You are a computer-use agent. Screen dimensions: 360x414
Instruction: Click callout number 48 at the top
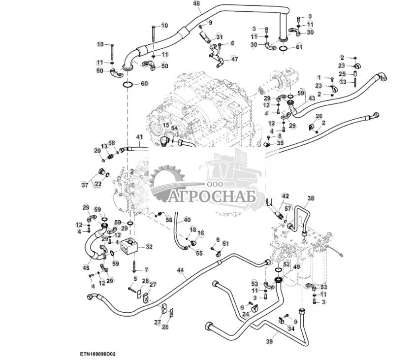coord(196,4)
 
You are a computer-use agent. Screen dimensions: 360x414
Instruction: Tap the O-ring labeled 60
coord(127,84)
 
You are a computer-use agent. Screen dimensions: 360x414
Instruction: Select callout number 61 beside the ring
coord(299,47)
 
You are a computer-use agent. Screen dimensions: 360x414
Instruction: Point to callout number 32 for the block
coord(149,247)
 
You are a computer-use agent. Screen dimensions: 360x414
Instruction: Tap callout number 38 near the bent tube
coord(311,199)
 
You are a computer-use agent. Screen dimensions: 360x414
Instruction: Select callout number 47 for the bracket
coord(234,59)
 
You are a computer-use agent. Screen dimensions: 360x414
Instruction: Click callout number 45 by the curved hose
coord(86,268)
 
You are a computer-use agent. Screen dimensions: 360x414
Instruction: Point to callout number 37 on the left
coord(85,185)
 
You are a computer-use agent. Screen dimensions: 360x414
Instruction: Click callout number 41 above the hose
coord(139,137)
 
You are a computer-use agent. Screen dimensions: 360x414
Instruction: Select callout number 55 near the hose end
coord(199,253)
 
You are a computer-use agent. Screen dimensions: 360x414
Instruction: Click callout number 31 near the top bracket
coord(219,37)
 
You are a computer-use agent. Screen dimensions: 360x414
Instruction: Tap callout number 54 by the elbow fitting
coord(174,128)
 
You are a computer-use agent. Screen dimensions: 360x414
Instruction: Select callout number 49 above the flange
coord(296,267)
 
